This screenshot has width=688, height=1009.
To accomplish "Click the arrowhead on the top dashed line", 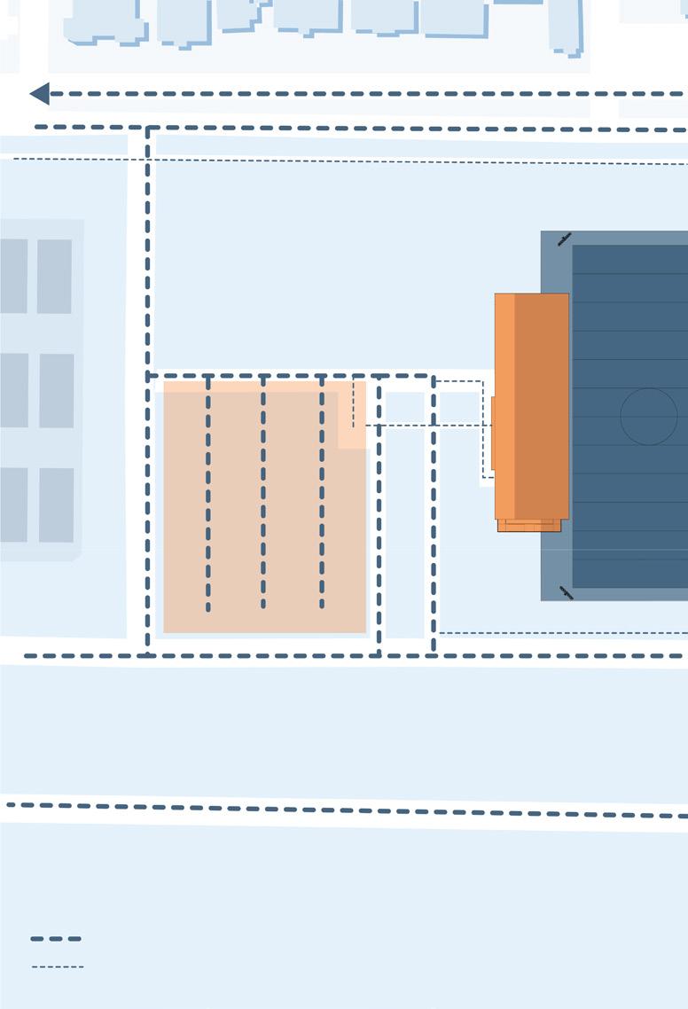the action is (39, 93).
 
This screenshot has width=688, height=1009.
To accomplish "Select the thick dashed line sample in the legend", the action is (56, 938).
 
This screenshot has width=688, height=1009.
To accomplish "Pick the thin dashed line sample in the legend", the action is (58, 966).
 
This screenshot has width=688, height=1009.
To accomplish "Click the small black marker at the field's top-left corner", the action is (564, 239).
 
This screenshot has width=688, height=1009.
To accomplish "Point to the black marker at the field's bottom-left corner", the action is (566, 592).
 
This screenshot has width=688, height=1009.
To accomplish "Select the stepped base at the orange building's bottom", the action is (529, 526).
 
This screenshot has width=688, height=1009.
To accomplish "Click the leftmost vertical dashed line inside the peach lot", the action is (208, 497).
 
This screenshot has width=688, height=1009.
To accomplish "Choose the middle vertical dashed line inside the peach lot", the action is (263, 497).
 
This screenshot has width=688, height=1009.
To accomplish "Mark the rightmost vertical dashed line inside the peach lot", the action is (322, 497).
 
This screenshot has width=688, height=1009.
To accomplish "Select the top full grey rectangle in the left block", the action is (54, 276).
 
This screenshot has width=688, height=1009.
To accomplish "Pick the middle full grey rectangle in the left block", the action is (56, 390).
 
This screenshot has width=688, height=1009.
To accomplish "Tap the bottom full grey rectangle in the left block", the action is (56, 504).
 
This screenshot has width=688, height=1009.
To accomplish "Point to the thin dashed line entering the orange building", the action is (426, 426).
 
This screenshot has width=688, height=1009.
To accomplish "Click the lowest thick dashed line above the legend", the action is (346, 810).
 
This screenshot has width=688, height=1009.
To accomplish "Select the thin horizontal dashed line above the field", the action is (355, 160).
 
